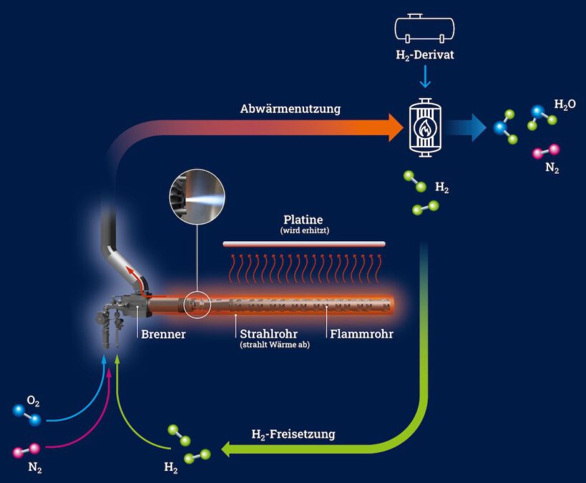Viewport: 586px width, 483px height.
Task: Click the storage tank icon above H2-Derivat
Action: [425, 28]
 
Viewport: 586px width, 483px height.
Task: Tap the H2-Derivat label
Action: [425, 55]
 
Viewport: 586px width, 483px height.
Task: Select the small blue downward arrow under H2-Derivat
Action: [425, 77]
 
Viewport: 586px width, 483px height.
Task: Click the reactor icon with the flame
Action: [425, 127]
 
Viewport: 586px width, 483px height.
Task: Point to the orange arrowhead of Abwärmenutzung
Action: [394, 127]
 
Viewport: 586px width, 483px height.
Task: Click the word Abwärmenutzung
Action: [290, 109]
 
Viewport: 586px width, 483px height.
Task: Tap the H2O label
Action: [565, 104]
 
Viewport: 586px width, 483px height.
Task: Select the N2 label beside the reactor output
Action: [552, 169]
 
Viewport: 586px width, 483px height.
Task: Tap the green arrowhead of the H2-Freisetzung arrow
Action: [231, 449]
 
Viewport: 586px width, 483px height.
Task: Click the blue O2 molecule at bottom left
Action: [26, 414]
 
